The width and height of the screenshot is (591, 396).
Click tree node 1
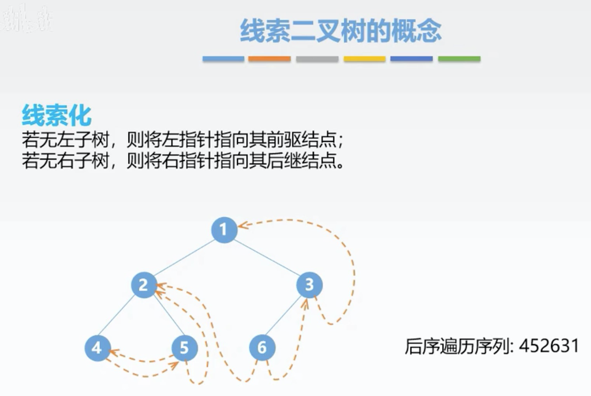pos(224,230)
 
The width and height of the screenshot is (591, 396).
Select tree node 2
pos(144,285)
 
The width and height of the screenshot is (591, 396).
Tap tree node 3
pos(309,285)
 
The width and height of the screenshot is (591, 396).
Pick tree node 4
pos(97,348)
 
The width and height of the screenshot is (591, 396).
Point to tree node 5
pos(184,348)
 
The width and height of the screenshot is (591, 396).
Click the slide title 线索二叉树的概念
pos(341,31)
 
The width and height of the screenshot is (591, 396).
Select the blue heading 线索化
pos(56,115)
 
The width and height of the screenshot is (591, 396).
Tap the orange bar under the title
pos(269,59)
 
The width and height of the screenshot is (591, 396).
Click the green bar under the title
pos(459,59)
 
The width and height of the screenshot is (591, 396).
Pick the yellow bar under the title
pos(364,59)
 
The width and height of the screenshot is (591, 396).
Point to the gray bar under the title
pos(317,59)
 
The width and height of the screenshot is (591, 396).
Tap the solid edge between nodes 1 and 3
pos(266,257)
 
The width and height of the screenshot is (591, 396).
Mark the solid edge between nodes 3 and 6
pos(285,316)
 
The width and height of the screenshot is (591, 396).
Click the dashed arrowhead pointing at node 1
pos(242,225)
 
